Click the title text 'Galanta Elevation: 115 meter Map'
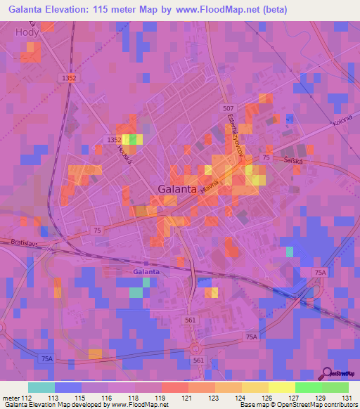coord(91,9)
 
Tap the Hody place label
coord(26,32)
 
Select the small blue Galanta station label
coord(146,271)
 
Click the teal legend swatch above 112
coord(41,387)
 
